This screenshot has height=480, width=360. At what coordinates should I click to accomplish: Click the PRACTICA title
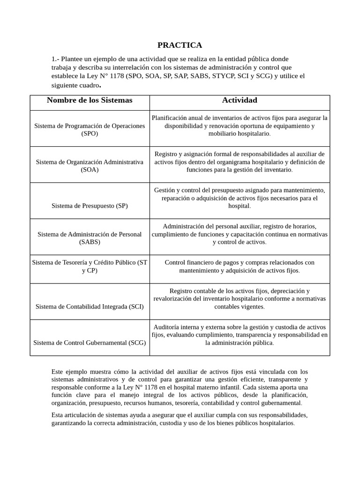point(180,45)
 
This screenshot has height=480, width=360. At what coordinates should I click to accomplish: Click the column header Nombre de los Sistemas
point(90,100)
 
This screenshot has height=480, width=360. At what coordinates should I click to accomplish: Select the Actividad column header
point(239,100)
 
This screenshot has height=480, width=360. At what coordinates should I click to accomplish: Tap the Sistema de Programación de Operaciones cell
point(90,129)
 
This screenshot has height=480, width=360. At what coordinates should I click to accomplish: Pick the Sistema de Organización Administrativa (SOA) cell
point(90,165)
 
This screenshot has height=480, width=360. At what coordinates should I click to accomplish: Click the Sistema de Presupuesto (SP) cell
point(90,205)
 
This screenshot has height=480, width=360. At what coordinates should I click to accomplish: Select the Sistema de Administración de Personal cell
point(90,238)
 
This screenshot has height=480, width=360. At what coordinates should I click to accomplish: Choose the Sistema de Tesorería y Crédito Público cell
point(90,266)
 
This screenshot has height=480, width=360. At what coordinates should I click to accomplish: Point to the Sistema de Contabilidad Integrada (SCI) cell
point(90,307)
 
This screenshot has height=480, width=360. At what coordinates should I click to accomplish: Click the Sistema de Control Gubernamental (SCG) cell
point(90,343)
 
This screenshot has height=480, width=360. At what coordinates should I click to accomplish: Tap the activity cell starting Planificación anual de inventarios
point(240,126)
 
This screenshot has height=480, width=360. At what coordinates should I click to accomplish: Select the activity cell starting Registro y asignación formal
point(240,162)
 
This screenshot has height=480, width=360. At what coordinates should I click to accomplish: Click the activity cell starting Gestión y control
point(240,198)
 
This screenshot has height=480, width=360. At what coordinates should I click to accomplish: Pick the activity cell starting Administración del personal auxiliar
point(240,234)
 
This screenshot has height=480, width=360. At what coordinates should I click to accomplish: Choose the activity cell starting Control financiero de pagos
point(240,266)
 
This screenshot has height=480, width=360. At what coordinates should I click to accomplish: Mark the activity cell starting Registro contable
point(240,299)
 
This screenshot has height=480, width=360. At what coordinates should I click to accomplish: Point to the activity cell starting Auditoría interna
point(240,335)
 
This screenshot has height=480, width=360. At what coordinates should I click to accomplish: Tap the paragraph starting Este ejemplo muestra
point(180,387)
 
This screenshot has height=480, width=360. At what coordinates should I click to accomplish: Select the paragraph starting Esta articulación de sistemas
point(180,419)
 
